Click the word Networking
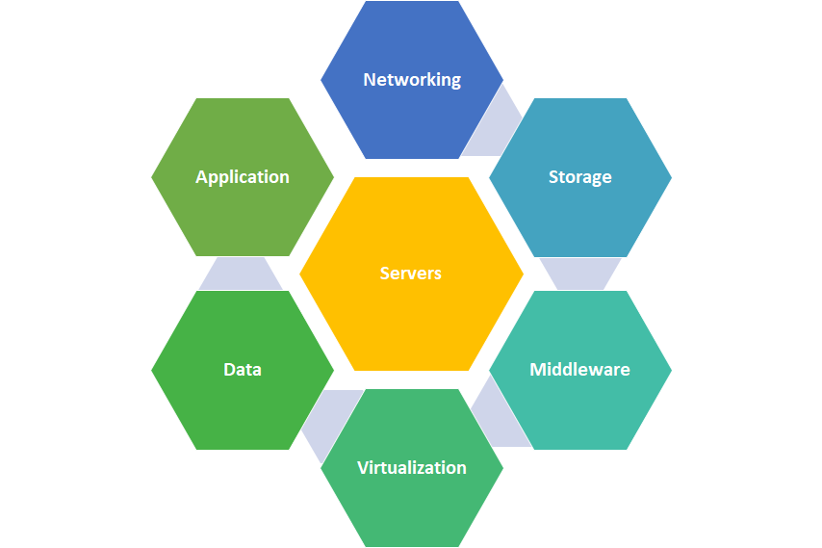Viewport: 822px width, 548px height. coord(411,80)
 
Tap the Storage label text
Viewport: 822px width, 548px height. coord(579,177)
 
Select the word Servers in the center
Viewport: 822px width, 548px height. coord(411,274)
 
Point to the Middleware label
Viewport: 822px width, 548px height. coord(579,370)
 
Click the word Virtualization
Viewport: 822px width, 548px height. coord(412,468)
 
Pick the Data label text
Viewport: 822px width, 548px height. coord(243,370)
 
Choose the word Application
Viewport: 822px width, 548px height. coord(243,177)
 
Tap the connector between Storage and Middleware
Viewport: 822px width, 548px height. coord(579,274)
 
